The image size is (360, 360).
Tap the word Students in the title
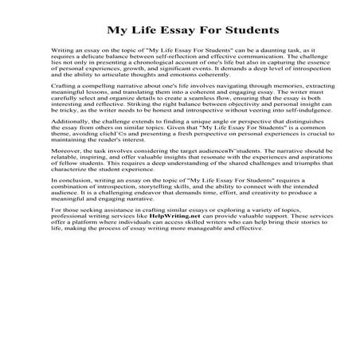(249, 32)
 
